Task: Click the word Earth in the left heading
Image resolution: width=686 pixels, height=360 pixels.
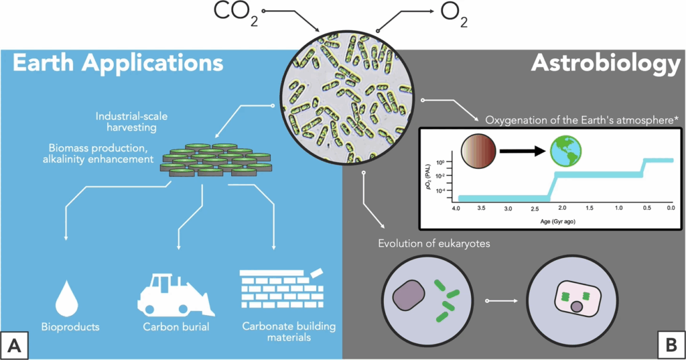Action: pyautogui.click(x=43, y=64)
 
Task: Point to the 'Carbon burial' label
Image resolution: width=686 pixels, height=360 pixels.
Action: pyautogui.click(x=176, y=328)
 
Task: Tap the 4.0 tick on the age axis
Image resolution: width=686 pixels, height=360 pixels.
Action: pyautogui.click(x=456, y=208)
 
